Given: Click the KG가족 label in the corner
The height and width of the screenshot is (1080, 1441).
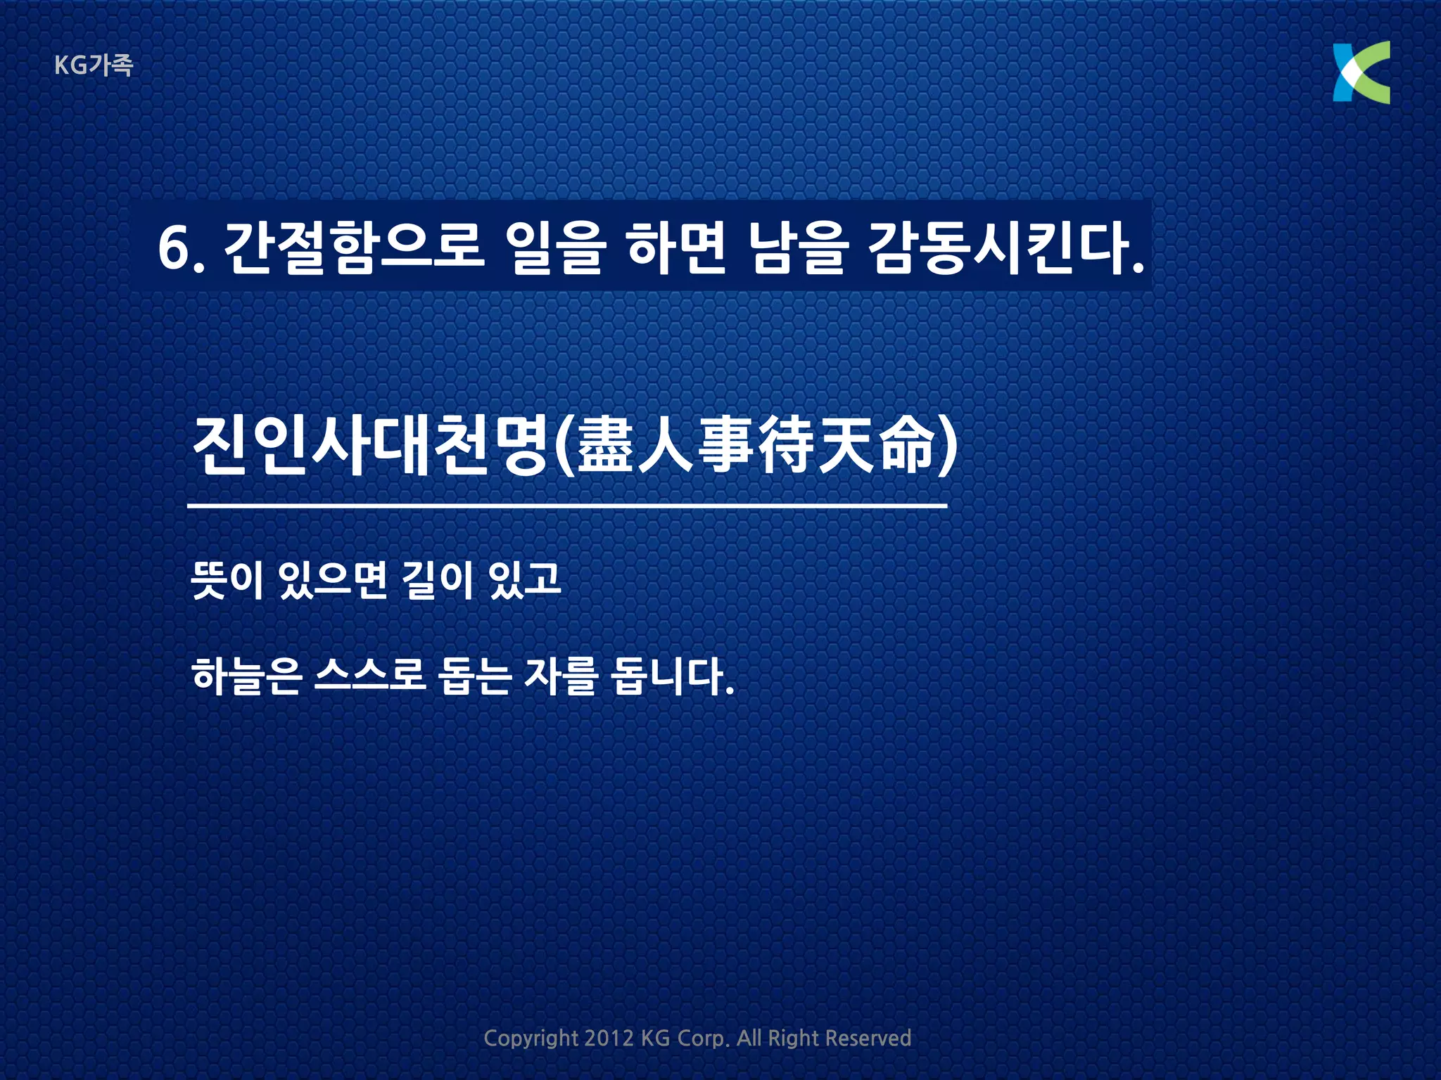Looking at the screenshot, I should [94, 65].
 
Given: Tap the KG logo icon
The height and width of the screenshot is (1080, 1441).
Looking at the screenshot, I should [1361, 72].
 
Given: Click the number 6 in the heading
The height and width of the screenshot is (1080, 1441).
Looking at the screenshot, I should [173, 248].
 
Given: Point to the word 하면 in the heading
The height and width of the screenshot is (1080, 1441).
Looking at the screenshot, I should [675, 247].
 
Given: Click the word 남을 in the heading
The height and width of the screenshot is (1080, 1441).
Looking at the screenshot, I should [796, 247].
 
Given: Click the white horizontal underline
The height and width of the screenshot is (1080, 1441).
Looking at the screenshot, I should [567, 506].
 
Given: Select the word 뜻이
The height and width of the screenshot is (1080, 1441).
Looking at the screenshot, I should [227, 580].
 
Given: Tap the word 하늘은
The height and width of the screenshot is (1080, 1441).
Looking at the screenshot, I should [246, 676].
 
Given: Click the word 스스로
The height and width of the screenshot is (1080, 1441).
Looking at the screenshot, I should [370, 676].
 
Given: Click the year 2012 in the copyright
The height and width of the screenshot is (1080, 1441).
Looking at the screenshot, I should [609, 1038].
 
